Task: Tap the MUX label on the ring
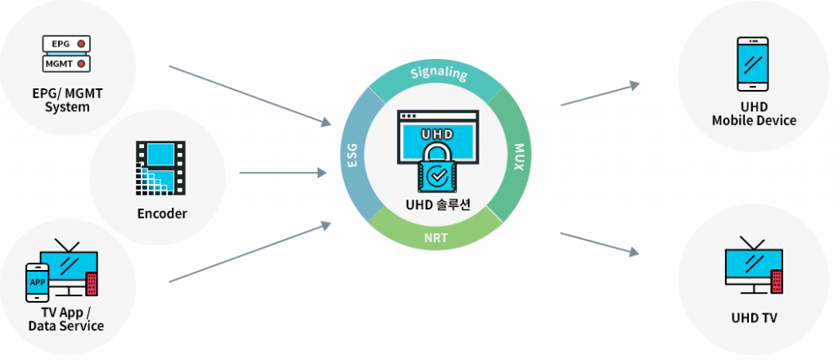click(518, 157)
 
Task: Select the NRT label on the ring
click(435, 240)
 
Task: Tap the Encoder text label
click(162, 214)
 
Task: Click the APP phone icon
click(38, 283)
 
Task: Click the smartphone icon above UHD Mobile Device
click(753, 64)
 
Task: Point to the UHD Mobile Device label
click(754, 114)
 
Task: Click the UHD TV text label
click(755, 317)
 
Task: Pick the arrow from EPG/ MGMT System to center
click(250, 94)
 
